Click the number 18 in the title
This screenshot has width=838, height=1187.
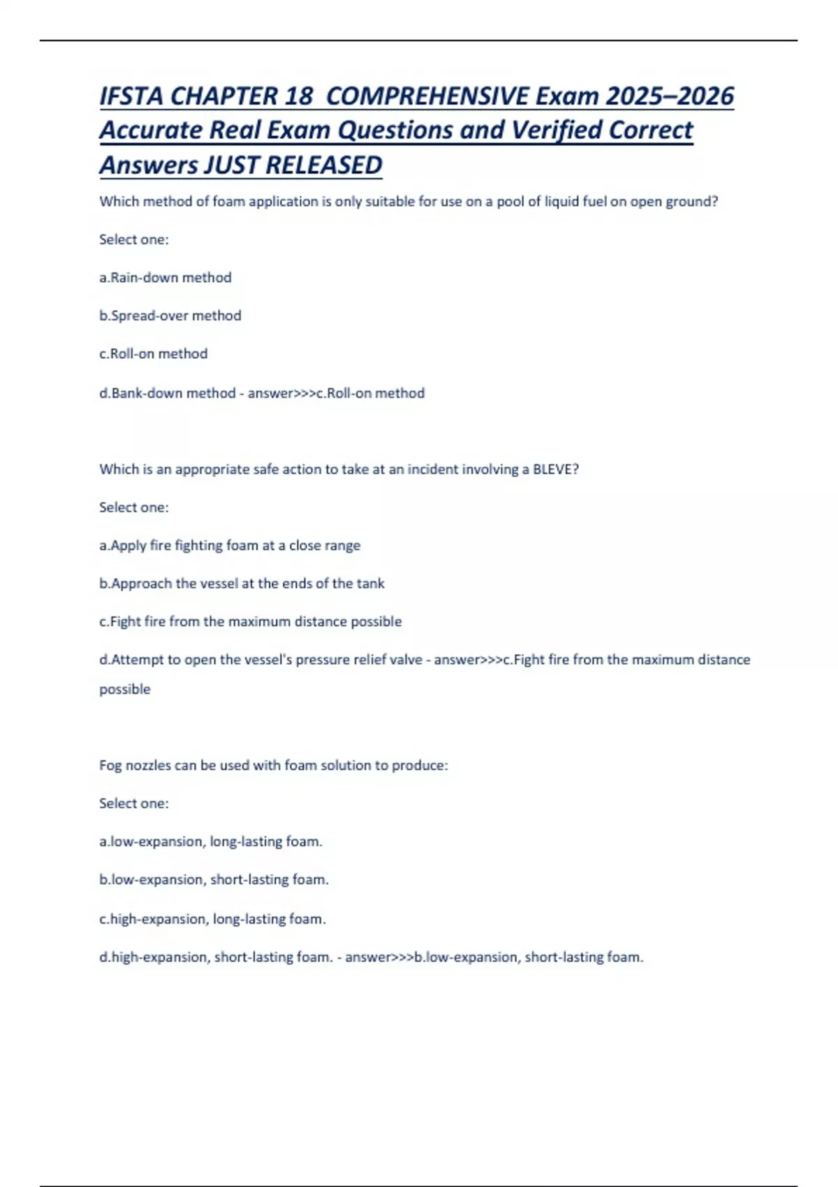click(x=298, y=96)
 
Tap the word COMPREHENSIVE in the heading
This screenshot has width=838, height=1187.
click(x=427, y=96)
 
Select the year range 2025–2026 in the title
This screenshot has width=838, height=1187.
click(x=669, y=96)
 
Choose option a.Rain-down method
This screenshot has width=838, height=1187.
click(x=166, y=278)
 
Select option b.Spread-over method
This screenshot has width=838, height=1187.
click(x=170, y=316)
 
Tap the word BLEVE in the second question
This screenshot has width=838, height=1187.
click(x=554, y=469)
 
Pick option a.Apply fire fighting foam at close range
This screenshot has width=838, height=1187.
click(x=230, y=545)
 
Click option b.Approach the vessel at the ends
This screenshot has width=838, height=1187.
click(x=242, y=584)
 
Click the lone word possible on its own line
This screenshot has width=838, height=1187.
click(x=125, y=690)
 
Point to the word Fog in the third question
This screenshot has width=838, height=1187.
click(x=110, y=765)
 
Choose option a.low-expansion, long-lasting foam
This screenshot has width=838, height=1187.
click(x=211, y=842)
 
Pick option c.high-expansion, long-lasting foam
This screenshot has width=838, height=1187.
click(x=212, y=919)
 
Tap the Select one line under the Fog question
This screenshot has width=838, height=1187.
click(x=134, y=804)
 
